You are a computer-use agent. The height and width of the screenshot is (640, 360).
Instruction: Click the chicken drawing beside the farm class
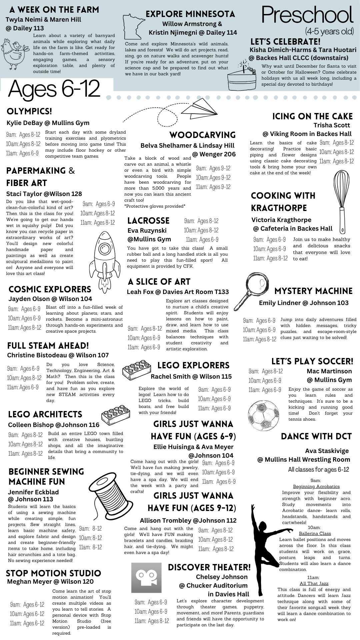15,53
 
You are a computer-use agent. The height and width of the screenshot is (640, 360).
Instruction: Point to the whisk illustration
341,200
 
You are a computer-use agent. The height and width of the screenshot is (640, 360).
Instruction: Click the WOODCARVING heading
202,135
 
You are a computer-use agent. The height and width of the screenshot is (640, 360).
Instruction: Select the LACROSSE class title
148,221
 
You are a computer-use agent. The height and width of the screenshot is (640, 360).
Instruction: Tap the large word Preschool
307,15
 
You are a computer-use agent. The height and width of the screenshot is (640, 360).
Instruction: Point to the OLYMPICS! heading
29,111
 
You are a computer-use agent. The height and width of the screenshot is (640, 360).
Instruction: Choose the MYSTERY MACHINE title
313,291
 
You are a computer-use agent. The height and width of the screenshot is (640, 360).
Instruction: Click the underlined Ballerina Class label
315,533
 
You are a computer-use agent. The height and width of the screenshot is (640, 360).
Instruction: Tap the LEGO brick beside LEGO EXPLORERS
136,369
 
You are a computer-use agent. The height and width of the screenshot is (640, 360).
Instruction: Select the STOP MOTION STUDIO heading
53,573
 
